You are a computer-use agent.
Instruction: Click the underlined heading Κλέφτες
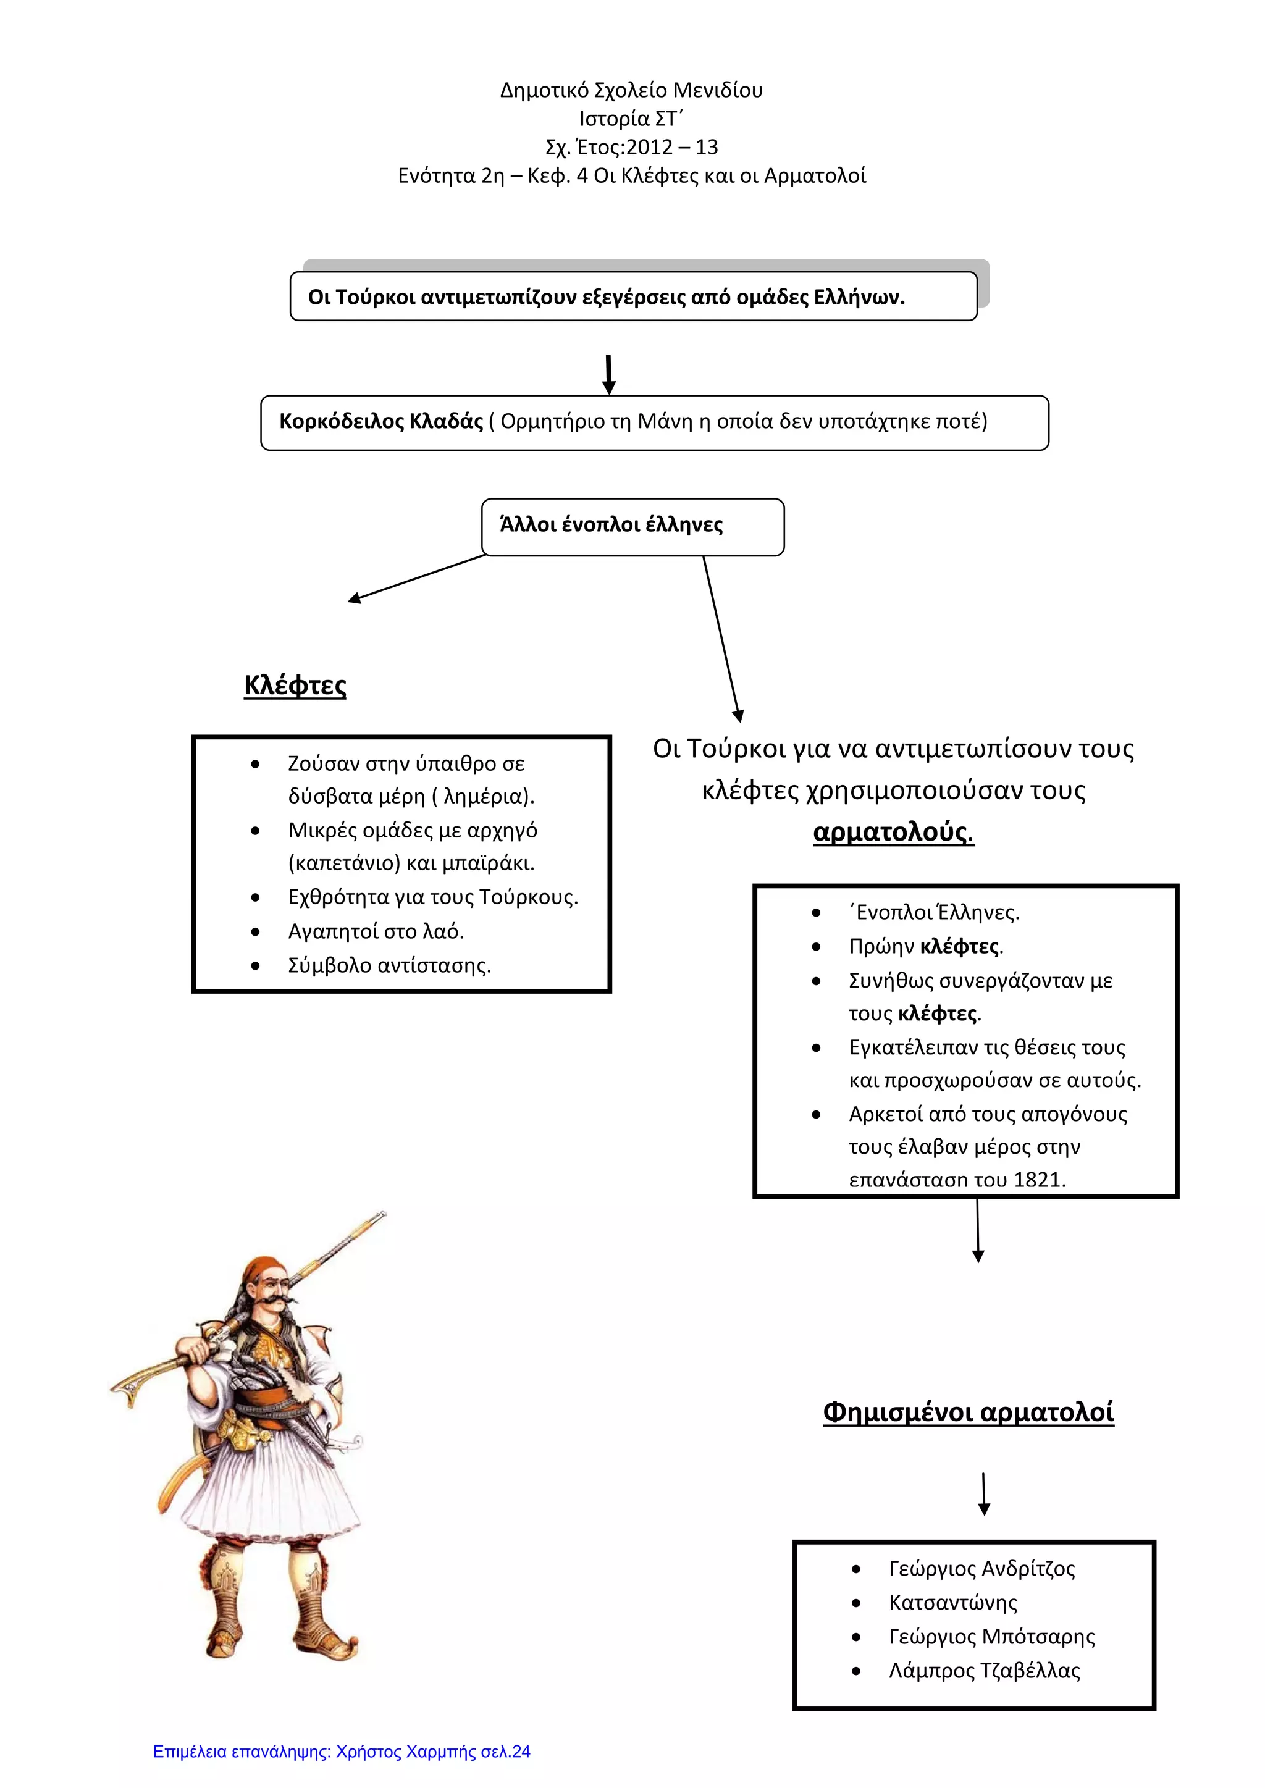[x=295, y=686]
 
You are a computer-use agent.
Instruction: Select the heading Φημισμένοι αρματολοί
[x=969, y=1411]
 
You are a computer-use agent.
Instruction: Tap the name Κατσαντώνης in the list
[x=952, y=1602]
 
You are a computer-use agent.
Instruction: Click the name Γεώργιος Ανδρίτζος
[x=981, y=1568]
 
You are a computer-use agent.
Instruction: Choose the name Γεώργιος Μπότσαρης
[x=991, y=1636]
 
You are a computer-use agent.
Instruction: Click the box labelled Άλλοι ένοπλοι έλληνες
[x=632, y=526]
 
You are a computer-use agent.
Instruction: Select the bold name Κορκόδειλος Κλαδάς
[x=381, y=421]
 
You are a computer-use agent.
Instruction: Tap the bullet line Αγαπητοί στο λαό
[x=376, y=931]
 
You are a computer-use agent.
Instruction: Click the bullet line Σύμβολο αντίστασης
[x=390, y=966]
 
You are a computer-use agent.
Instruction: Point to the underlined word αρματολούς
[x=892, y=832]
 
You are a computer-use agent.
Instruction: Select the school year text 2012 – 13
[x=672, y=147]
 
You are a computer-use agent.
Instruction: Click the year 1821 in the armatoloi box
[x=1040, y=1180]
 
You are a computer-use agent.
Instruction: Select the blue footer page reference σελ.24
[x=505, y=1752]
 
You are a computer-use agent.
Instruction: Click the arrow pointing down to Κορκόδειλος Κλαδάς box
[x=609, y=374]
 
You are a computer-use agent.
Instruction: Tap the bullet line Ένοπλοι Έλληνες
[x=934, y=913]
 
